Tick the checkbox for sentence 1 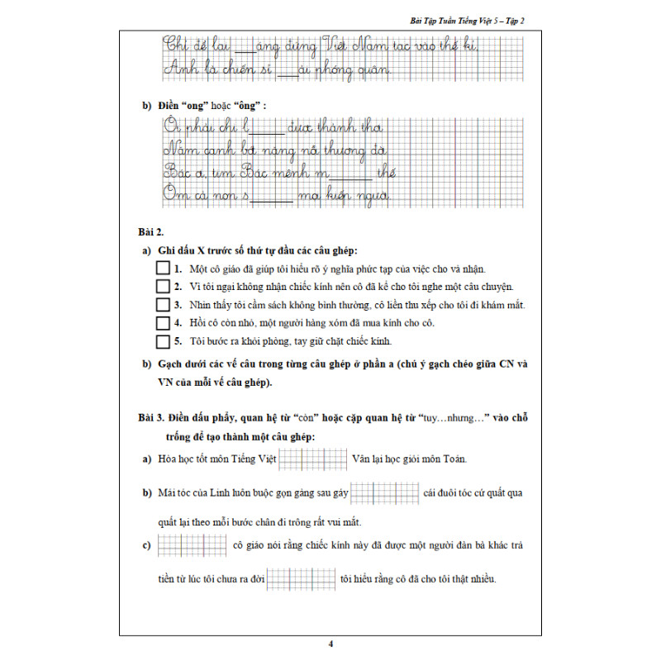point(162,269)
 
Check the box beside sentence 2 point(162,287)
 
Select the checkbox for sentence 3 point(162,305)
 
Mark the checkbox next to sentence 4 point(162,322)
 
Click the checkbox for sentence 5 point(162,340)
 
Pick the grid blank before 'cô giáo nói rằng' point(192,545)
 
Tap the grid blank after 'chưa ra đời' point(301,578)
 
